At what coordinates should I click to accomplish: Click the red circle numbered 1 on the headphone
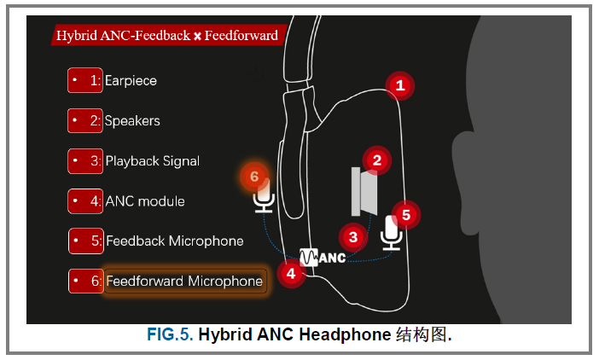[x=399, y=85]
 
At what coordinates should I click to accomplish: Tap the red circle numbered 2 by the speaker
[x=376, y=160]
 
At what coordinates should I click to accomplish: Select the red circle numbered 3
[x=353, y=236]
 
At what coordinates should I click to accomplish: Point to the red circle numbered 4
[x=291, y=274]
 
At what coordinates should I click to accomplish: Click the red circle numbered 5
[x=406, y=215]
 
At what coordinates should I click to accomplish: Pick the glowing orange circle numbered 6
[x=253, y=177]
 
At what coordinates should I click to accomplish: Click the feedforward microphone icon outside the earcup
[x=265, y=197]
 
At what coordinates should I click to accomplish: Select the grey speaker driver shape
[x=363, y=192]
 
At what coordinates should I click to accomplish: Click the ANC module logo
[x=323, y=256]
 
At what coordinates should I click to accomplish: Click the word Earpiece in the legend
[x=131, y=81]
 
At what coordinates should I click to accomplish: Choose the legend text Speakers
[x=132, y=121]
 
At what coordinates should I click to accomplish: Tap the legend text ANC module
[x=144, y=201]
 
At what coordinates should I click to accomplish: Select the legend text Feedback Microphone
[x=174, y=241]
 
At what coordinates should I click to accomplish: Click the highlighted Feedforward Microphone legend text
[x=183, y=281]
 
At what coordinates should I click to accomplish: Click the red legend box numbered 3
[x=85, y=161]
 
